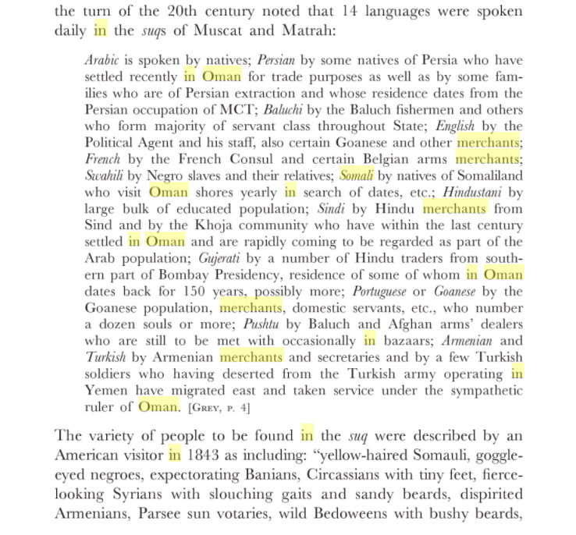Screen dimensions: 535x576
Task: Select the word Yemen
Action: pos(106,391)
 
